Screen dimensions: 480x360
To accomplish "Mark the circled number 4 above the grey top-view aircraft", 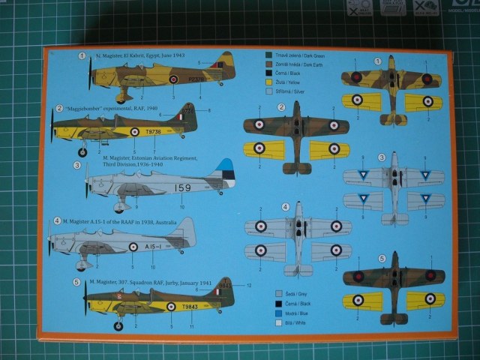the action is [285, 207].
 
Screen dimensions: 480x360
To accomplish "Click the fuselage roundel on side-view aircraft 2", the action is [134, 131].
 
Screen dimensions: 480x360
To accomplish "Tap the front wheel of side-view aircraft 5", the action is [118, 325].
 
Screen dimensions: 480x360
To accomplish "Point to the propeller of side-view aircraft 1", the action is [90, 74].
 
